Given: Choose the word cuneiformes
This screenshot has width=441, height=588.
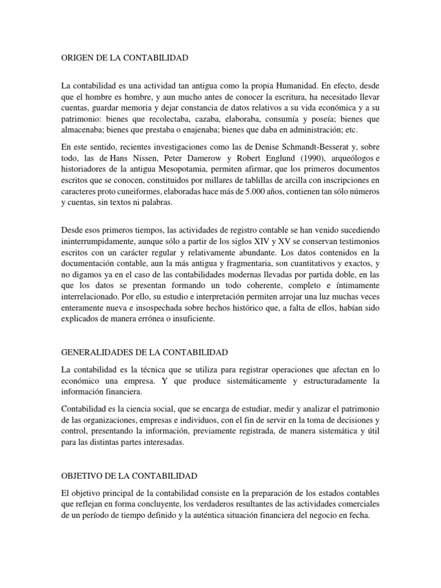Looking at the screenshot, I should [149, 192].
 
